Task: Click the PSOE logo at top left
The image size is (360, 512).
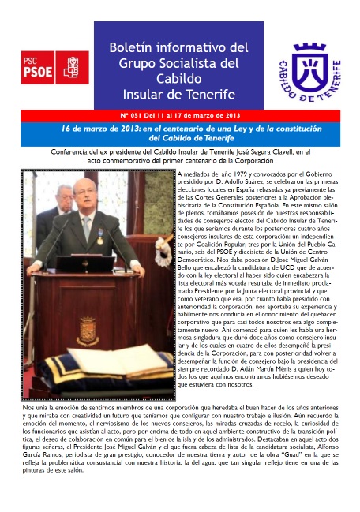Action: pyautogui.click(x=55, y=67)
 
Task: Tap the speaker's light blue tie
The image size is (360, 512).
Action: pyautogui.click(x=86, y=226)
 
